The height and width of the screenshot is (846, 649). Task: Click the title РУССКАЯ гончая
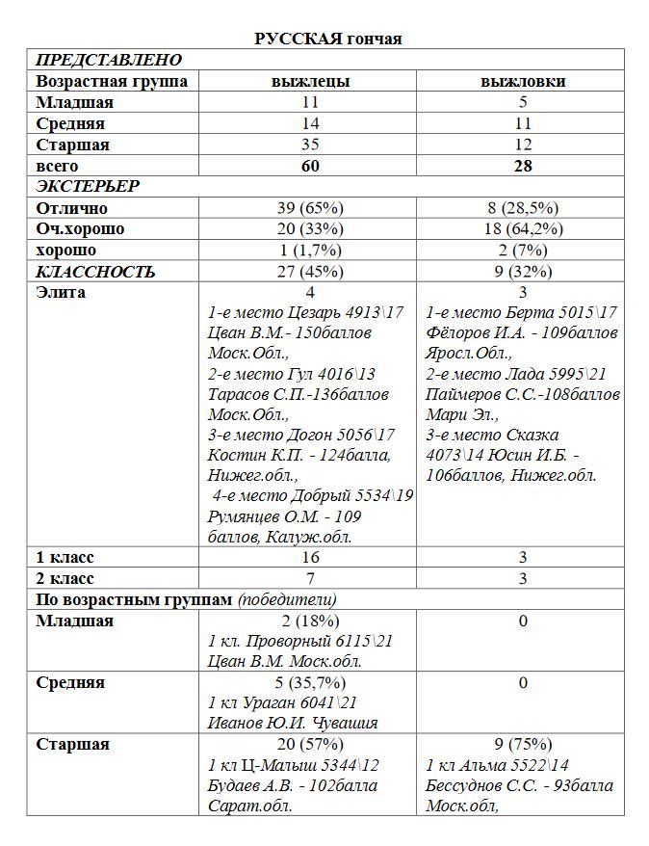coord(327,39)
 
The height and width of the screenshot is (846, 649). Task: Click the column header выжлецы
coord(310,81)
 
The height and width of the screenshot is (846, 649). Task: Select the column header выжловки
coord(523,81)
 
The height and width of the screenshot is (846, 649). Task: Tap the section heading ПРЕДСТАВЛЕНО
coord(108,60)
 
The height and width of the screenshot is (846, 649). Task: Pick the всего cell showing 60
coord(310,166)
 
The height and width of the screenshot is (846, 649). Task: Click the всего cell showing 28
coord(523,166)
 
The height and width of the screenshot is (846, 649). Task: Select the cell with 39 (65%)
coord(310,208)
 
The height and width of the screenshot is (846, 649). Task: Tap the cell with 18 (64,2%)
coord(523,229)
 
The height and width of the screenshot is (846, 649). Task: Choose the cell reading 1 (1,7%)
coord(310,251)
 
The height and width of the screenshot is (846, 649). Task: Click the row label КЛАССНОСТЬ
coord(95,272)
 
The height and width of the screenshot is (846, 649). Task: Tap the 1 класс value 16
coord(310,558)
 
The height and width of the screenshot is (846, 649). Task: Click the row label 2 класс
coord(65,579)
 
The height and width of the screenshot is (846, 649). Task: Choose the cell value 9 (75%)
coord(523,744)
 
